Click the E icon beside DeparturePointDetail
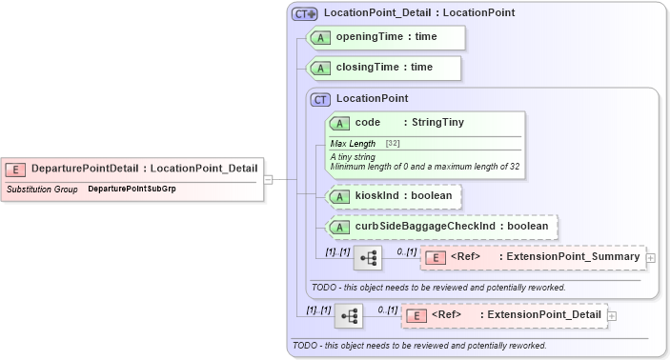[15, 169]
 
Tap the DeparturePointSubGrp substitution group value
[132, 189]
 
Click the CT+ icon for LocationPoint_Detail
[304, 13]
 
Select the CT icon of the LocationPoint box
[321, 98]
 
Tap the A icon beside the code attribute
[338, 123]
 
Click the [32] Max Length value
[392, 143]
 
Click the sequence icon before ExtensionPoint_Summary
[368, 257]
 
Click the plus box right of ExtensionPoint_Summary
[651, 257]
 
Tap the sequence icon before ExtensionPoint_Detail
[349, 315]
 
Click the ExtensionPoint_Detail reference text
[541, 315]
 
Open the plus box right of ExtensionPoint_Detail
[612, 315]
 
